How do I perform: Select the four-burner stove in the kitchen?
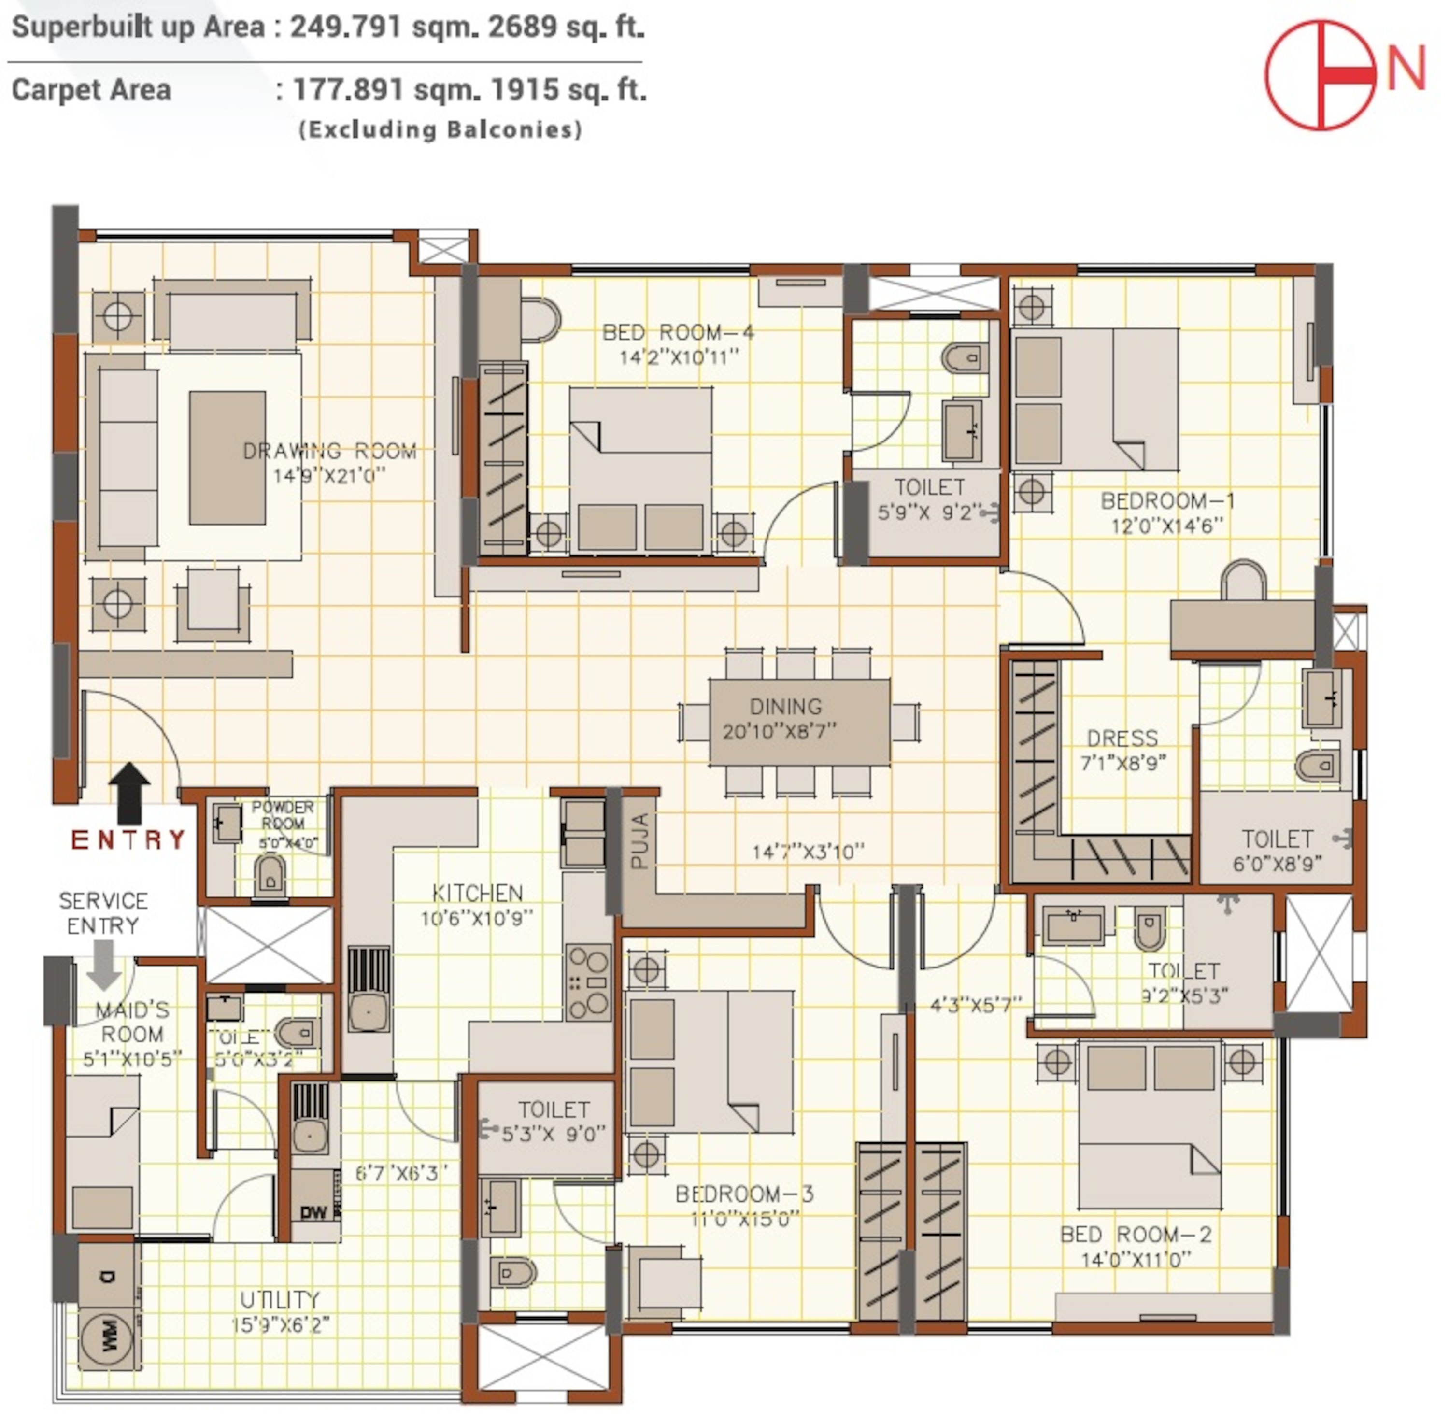(589, 982)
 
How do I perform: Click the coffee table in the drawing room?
(227, 457)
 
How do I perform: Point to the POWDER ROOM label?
(283, 815)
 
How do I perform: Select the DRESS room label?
(1122, 738)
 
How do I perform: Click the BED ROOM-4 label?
(678, 332)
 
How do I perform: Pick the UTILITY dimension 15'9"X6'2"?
(281, 1324)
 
